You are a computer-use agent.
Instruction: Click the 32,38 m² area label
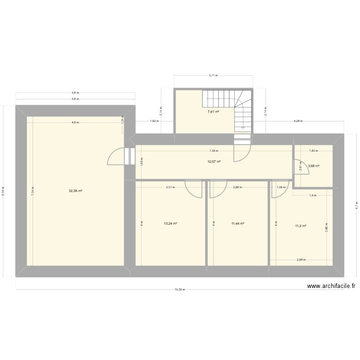[75, 191]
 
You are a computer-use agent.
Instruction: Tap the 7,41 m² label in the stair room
[213, 112]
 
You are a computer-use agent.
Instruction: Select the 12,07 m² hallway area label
[214, 162]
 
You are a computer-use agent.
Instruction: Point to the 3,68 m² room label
[313, 166]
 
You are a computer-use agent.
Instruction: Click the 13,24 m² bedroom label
[170, 224]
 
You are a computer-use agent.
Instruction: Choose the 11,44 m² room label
[238, 224]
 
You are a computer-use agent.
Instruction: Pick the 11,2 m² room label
[301, 226]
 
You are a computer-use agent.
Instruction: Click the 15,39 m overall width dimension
[180, 289]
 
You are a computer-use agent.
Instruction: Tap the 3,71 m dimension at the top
[213, 75]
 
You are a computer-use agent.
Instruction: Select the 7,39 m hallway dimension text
[214, 150]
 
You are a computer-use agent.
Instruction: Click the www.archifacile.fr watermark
[331, 287]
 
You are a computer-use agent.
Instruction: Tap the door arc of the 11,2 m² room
[278, 190]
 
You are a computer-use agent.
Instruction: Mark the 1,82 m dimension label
[153, 122]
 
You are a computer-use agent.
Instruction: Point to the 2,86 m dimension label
[237, 188]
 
